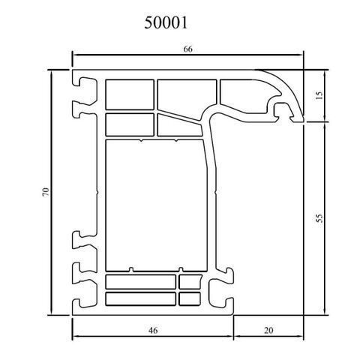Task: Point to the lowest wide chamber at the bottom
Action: (x=140, y=298)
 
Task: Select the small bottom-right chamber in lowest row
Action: (x=189, y=298)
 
